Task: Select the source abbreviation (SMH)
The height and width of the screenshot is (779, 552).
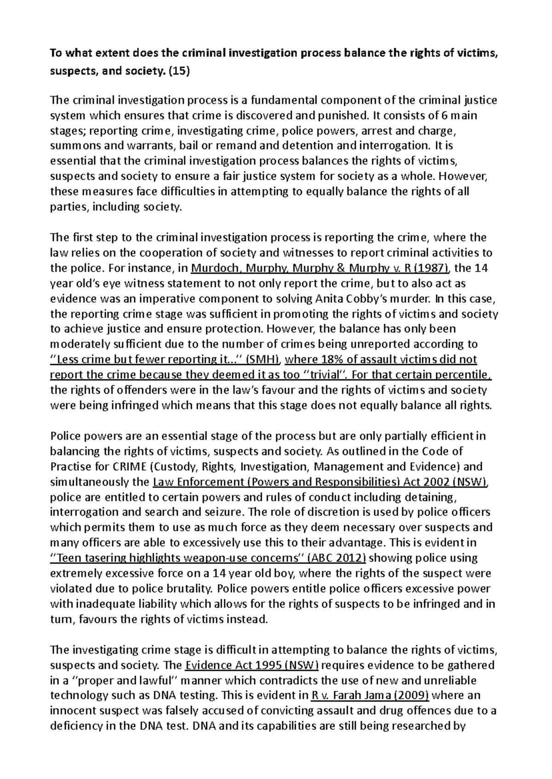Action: (x=260, y=359)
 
